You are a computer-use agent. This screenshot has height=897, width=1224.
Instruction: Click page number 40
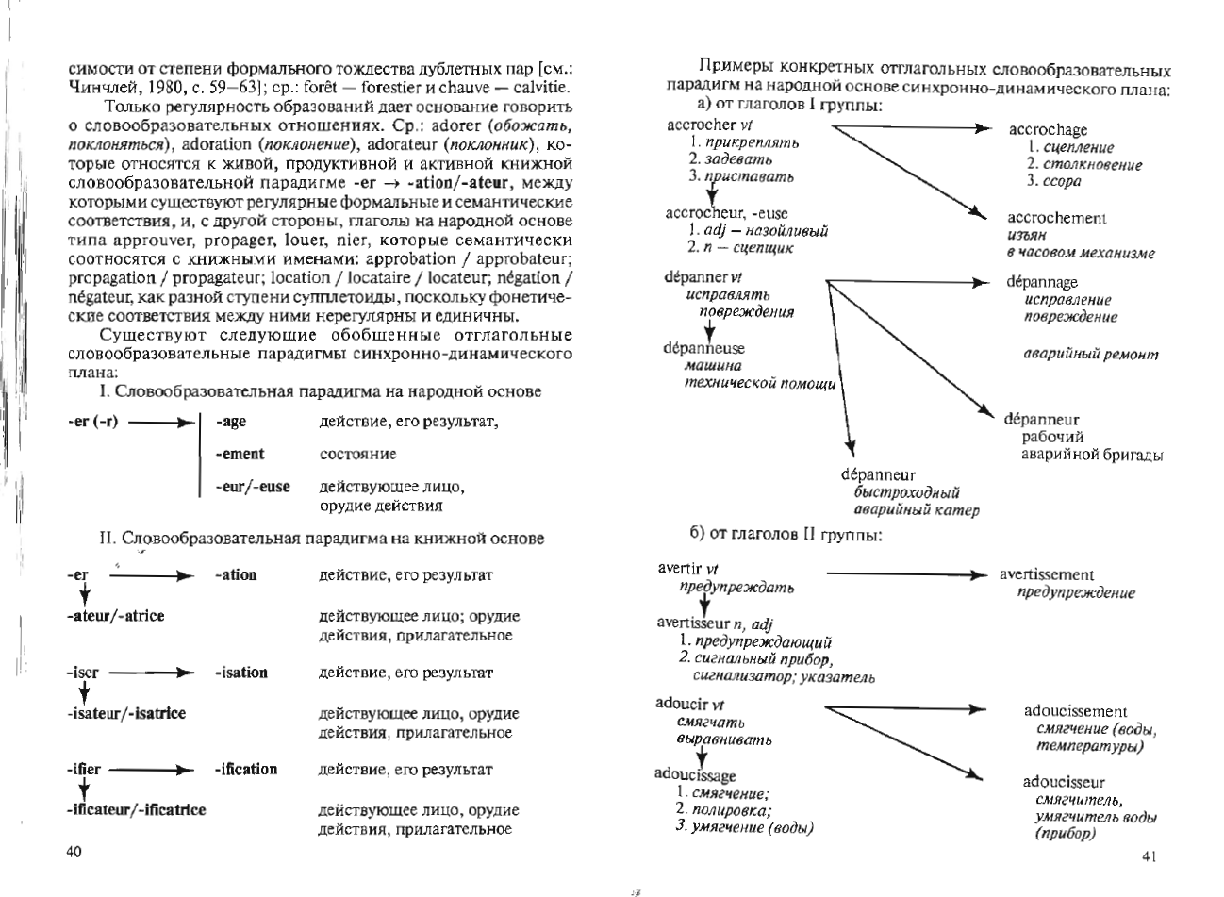coord(75,853)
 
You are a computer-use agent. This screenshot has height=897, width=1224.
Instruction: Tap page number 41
coord(1149,856)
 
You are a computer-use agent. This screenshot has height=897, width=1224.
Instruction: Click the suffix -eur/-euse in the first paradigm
coord(253,487)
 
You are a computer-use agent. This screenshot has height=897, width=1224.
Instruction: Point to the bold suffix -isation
coord(240,673)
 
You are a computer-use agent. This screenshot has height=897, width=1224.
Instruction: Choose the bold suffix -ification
coord(245,769)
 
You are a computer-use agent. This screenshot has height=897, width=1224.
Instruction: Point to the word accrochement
coord(1056,218)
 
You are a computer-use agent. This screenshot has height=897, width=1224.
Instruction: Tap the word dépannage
coord(1041,282)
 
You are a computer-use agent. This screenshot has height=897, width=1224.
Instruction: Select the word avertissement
coord(1047,574)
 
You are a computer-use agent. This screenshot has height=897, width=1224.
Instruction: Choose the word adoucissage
coord(695,775)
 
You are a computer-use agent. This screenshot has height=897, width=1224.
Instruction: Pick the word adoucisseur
coord(1064,782)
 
